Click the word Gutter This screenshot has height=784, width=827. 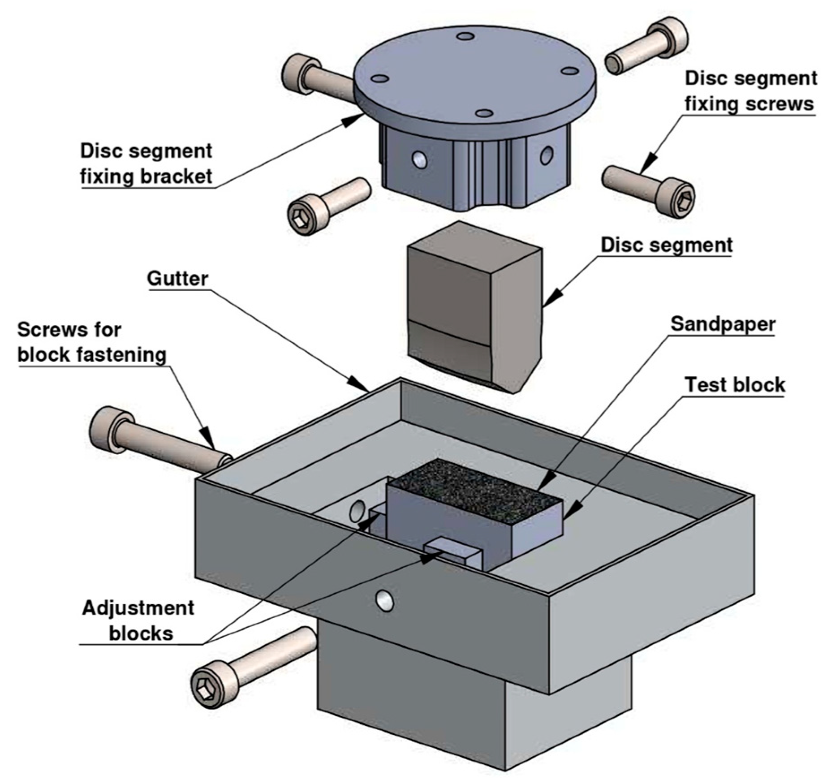[177, 279]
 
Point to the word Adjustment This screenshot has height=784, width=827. [138, 608]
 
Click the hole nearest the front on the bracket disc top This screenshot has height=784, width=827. [484, 113]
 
